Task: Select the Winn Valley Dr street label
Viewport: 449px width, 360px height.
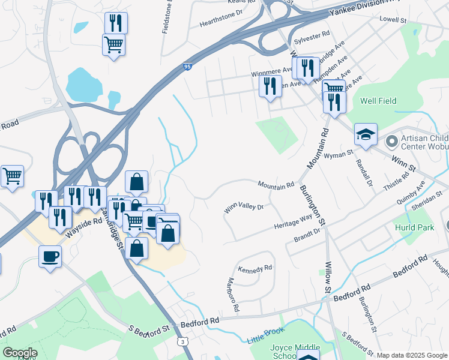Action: [x=244, y=208]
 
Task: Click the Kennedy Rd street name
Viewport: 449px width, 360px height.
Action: [x=255, y=269]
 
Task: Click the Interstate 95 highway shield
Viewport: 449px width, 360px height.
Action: [x=188, y=67]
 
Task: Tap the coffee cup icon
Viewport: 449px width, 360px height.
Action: [x=50, y=256]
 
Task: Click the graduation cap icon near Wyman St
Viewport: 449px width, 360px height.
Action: [x=365, y=134]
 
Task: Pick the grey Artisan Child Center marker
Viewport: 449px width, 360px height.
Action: [x=392, y=142]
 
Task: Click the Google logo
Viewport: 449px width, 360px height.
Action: [x=20, y=353]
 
